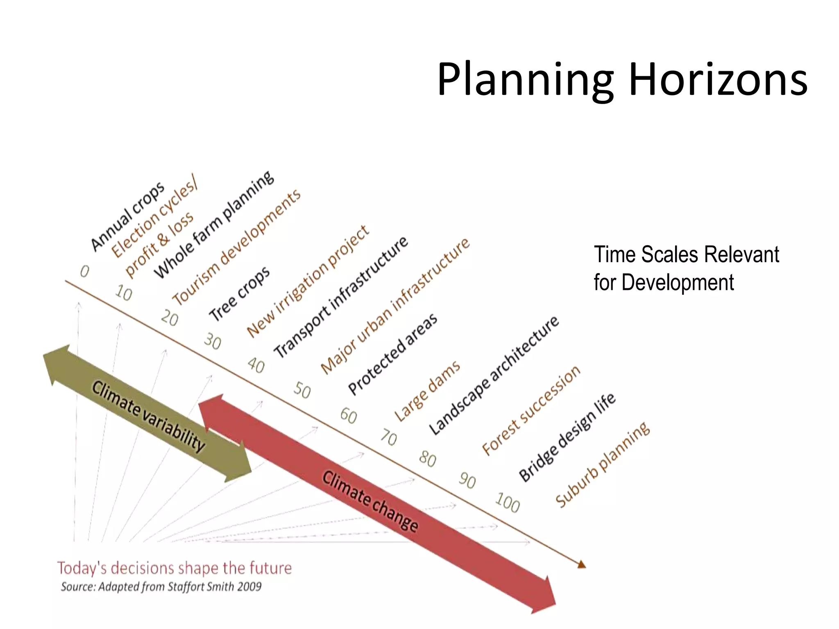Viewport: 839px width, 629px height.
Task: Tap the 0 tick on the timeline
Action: point(84,272)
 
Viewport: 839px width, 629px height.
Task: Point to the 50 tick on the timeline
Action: point(302,390)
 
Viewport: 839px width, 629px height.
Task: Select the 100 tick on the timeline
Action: point(508,502)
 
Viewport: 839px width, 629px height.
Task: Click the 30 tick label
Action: point(213,341)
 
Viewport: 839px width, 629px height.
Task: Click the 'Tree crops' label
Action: point(240,294)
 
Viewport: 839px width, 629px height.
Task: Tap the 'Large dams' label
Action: point(427,391)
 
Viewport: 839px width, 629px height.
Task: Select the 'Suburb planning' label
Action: point(603,464)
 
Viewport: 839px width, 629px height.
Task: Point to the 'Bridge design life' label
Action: point(567,437)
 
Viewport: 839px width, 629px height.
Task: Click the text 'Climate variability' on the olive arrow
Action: point(148,416)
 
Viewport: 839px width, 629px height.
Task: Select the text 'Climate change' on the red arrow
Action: point(370,501)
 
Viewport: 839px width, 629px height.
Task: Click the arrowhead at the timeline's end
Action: point(582,565)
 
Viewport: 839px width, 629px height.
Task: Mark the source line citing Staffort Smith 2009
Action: point(161,587)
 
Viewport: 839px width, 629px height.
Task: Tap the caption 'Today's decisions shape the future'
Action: point(175,568)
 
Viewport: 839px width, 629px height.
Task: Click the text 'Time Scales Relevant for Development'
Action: point(686,268)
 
